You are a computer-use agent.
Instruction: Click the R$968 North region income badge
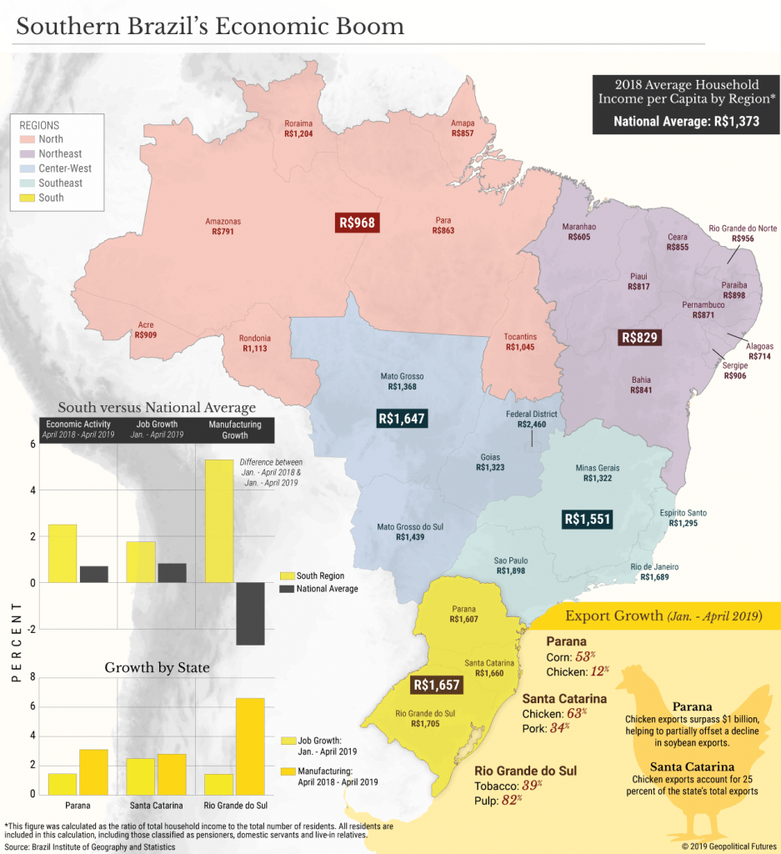point(357,223)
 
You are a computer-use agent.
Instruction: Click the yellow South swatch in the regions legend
point(27,198)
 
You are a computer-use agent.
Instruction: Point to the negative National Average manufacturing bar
point(249,613)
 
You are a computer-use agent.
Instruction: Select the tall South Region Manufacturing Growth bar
point(218,520)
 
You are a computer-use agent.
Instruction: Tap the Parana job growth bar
point(63,783)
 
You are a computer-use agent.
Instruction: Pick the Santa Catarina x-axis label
point(157,806)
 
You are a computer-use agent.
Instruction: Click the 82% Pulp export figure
point(511,799)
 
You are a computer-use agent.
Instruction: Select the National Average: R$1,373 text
point(686,122)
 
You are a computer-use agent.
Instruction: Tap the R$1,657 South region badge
point(437,686)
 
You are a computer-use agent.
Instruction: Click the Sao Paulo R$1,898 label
point(511,565)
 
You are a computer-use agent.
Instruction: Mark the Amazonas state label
point(223,227)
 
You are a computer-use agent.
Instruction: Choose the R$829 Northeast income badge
point(639,338)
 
